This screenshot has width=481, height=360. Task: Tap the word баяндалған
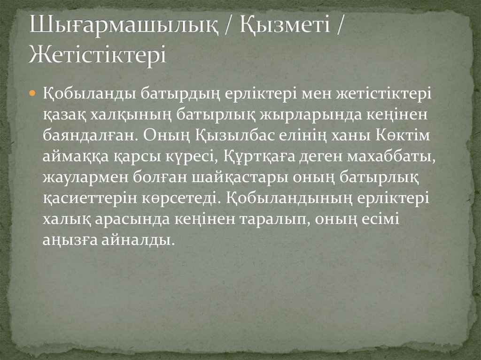point(88,135)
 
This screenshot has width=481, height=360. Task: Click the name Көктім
point(401,135)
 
